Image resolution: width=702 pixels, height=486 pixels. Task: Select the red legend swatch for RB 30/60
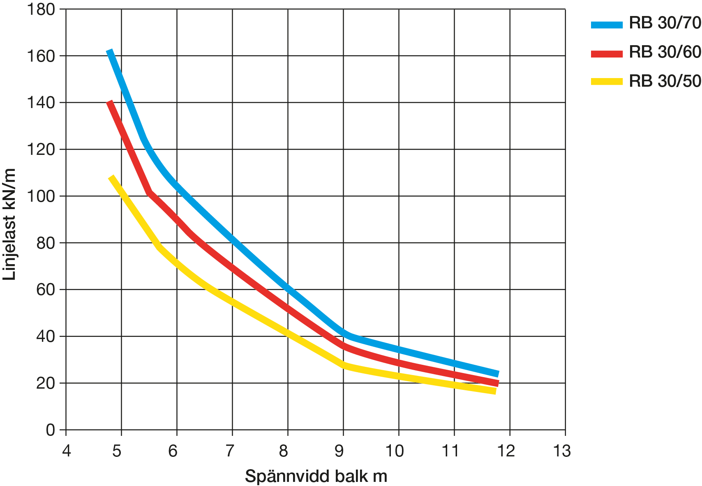coord(607,53)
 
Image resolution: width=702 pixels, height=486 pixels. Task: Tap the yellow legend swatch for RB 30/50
coord(607,81)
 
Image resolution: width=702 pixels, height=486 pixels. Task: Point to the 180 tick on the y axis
coord(41,9)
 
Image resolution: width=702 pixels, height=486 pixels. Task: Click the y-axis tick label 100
coord(41,196)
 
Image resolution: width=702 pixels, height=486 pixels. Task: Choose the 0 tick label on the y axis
coord(50,430)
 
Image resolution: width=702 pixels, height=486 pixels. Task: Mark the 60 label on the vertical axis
coord(45,290)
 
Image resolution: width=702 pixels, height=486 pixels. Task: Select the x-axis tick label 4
coord(66,451)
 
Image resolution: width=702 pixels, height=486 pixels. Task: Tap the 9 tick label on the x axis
coord(339,451)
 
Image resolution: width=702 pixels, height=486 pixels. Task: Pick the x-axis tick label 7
coord(230,451)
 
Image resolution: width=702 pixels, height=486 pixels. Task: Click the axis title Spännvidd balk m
coord(316,477)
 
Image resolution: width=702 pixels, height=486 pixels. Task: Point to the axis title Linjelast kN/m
coord(9,224)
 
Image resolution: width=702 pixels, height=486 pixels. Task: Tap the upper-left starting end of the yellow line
coord(111,177)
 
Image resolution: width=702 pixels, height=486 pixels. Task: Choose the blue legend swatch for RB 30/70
coord(607,25)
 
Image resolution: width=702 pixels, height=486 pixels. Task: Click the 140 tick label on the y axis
coord(41,103)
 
